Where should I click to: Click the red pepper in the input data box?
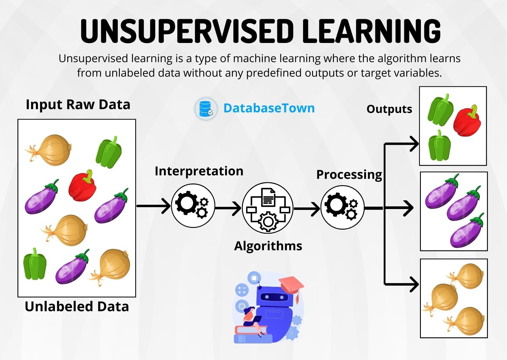click(82, 186)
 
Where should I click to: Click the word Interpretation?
click(199, 171)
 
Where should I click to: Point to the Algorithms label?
click(268, 246)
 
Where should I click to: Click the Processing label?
click(349, 174)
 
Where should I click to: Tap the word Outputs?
click(389, 109)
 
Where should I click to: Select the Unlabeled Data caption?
click(77, 307)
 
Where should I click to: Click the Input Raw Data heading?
click(78, 105)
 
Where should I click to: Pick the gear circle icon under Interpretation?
click(193, 205)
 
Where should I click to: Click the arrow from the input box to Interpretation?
click(154, 206)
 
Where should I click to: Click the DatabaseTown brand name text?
click(269, 108)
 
